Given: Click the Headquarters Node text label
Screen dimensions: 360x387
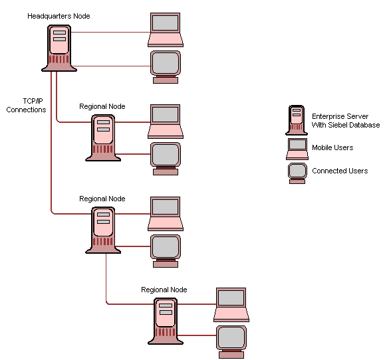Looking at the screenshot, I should (59, 15).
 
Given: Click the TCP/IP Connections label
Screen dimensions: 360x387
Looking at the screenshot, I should (27, 105).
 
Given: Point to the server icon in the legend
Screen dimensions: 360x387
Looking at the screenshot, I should (296, 120).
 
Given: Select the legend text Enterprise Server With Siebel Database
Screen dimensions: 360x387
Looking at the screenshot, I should (346, 120).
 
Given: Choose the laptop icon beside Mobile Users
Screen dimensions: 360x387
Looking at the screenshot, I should (297, 148).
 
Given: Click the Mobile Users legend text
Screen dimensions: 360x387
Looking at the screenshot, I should (332, 147).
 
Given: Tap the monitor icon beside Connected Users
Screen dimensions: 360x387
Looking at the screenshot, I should (297, 172).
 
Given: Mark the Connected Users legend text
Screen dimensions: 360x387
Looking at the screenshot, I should (340, 171).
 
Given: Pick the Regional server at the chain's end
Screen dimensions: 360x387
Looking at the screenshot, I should (165, 320).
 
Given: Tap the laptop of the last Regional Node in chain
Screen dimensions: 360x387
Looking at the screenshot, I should (231, 304).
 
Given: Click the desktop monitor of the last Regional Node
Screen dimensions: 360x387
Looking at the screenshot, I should (231, 340).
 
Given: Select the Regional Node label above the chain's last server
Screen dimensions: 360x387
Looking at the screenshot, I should (164, 290).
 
